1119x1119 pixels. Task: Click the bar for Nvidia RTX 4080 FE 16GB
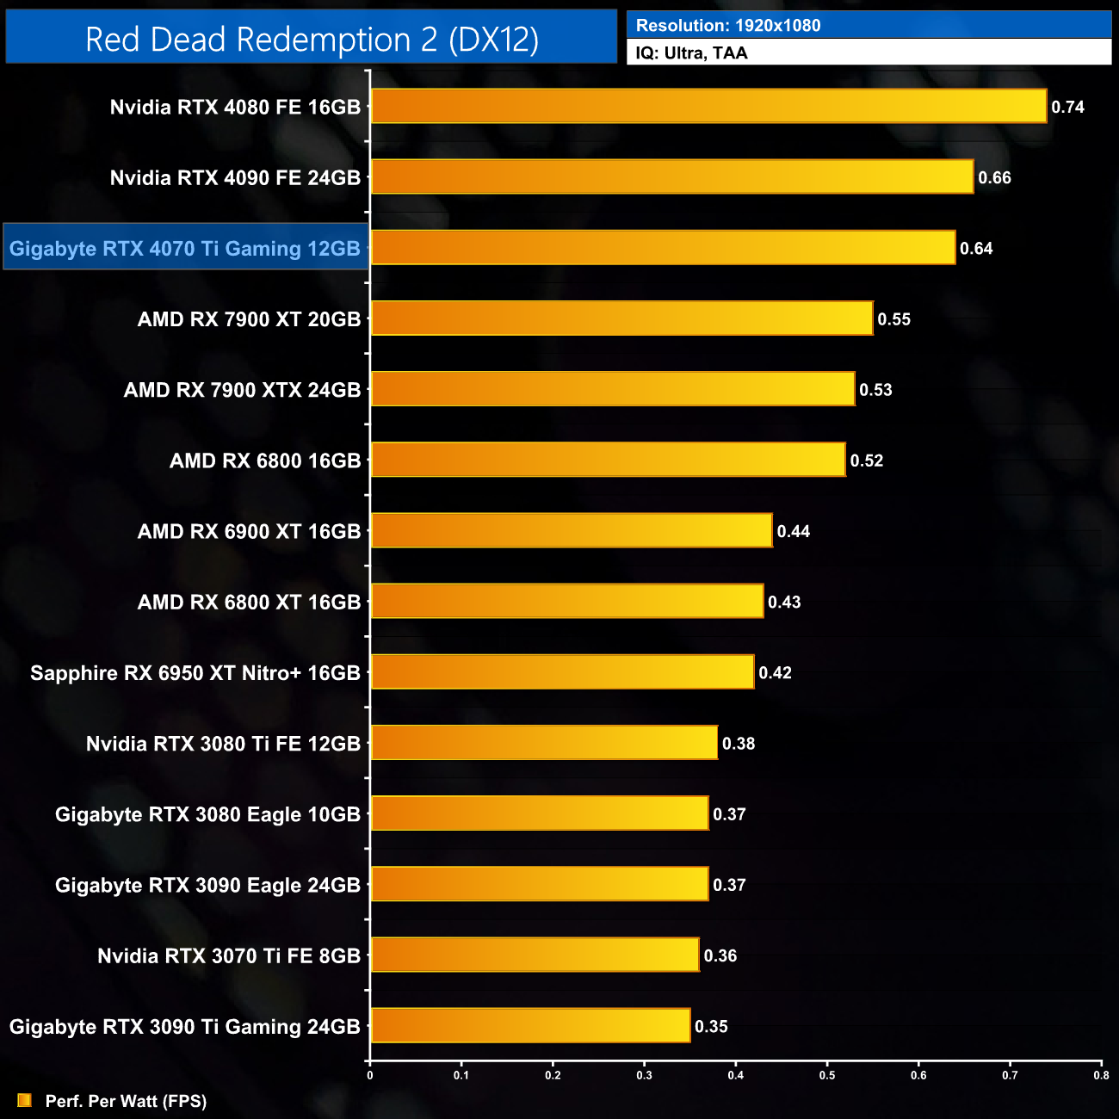[x=708, y=107]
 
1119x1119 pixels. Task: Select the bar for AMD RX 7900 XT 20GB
[x=621, y=318]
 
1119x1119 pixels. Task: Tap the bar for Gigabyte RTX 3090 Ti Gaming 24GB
[x=530, y=1026]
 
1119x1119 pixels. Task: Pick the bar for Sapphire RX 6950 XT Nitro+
[x=562, y=672]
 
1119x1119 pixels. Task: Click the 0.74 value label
[x=1067, y=108]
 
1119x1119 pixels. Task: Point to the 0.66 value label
[x=994, y=178]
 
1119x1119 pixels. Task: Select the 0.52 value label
[x=867, y=461]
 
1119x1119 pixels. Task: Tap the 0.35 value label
[x=711, y=1027]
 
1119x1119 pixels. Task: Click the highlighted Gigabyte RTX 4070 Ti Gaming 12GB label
[x=185, y=249]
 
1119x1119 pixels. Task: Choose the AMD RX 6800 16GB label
[x=265, y=461]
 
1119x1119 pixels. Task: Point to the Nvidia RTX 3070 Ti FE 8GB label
[x=229, y=956]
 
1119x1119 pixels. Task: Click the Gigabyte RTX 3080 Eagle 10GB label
[x=207, y=814]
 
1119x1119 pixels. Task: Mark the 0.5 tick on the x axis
[x=827, y=1075]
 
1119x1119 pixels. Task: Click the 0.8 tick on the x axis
[x=1101, y=1075]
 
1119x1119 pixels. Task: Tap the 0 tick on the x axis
[x=370, y=1075]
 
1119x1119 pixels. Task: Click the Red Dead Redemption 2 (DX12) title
[x=312, y=40]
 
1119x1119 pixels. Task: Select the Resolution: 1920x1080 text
[x=728, y=26]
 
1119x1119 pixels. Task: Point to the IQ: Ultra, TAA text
[x=692, y=53]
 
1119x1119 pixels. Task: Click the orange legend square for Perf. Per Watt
[x=24, y=1101]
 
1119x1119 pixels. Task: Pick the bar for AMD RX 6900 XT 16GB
[x=572, y=531]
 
